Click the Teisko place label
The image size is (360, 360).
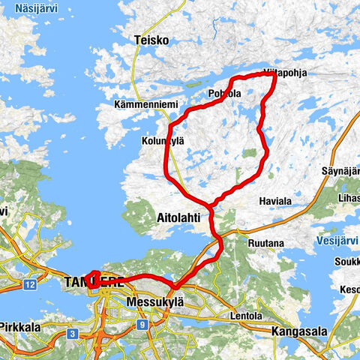pyautogui.click(x=150, y=40)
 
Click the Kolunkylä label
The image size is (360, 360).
pyautogui.click(x=162, y=140)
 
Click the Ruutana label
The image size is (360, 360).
pyautogui.click(x=265, y=243)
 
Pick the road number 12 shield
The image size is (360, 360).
pyautogui.click(x=29, y=285)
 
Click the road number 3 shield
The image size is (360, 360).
pyautogui.click(x=72, y=332)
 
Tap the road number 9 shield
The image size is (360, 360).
pyautogui.click(x=142, y=325)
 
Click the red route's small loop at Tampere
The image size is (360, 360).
pyautogui.click(x=94, y=277)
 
